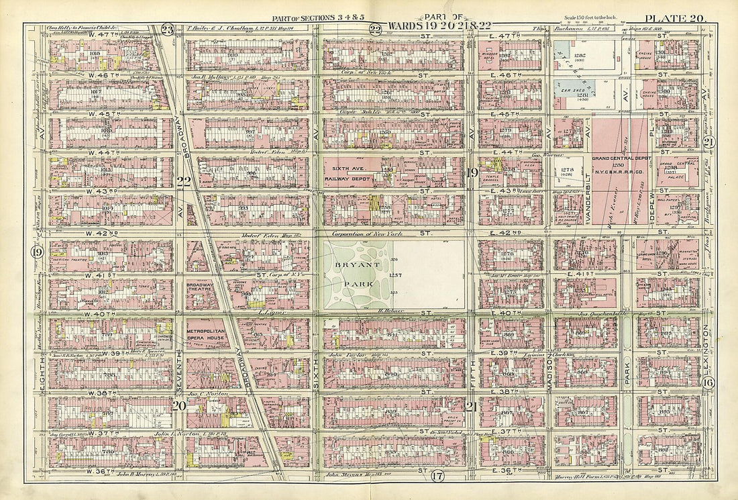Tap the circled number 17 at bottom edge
point(437,477)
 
